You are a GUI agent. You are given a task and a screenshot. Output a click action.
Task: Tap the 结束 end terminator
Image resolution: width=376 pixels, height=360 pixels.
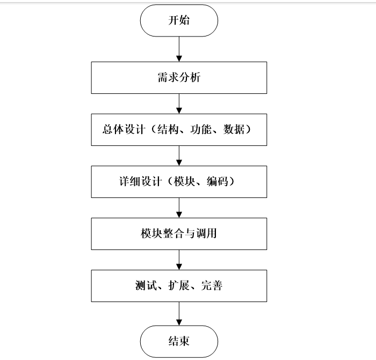pyautogui.click(x=179, y=341)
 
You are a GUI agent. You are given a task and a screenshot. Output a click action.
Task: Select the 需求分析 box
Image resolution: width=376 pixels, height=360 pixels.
pyautogui.click(x=179, y=78)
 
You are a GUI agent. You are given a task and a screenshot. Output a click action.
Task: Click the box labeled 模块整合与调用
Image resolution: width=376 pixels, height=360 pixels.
pyautogui.click(x=179, y=234)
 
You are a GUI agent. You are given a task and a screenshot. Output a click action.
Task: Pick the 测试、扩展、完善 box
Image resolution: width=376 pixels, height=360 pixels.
pyautogui.click(x=179, y=285)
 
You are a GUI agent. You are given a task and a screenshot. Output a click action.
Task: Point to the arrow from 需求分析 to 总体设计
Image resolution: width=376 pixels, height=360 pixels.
pyautogui.click(x=179, y=103)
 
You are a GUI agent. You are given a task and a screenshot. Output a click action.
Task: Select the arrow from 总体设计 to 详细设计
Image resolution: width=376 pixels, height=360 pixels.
pyautogui.click(x=179, y=155)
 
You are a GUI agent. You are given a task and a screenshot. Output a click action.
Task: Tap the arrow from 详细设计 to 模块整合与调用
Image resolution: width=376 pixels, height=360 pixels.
pyautogui.click(x=179, y=208)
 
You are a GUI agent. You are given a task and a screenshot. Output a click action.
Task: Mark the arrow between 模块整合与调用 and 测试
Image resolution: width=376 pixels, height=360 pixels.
pyautogui.click(x=179, y=260)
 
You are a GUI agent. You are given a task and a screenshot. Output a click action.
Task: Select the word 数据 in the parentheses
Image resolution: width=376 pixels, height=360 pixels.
pyautogui.click(x=232, y=130)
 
